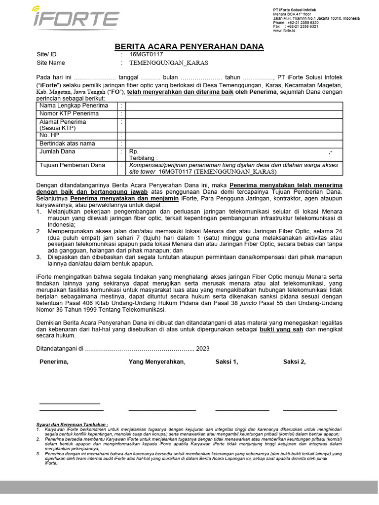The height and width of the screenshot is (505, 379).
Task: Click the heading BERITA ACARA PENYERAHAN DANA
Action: click(189, 47)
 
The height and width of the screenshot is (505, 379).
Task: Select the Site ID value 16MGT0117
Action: click(146, 55)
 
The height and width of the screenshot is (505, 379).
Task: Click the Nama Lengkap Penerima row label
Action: click(74, 106)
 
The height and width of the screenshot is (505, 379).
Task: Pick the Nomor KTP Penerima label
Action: click(69, 114)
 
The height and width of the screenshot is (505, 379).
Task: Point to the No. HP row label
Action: click(49, 135)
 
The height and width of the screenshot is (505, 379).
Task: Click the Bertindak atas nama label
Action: click(67, 144)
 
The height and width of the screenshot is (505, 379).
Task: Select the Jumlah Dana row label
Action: click(57, 152)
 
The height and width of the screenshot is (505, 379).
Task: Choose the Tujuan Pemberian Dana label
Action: click(73, 165)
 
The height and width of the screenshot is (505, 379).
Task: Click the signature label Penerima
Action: click(54, 362)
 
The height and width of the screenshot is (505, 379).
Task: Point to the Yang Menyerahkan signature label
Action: click(156, 362)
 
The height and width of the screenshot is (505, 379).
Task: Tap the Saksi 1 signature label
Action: click(227, 362)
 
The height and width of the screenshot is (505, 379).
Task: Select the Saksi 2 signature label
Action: click(294, 362)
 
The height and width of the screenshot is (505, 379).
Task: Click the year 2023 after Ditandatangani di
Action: click(202, 348)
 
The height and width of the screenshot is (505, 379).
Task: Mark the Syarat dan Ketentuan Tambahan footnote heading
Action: click(72, 424)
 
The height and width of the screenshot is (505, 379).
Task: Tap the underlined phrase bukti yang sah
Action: click(281, 328)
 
